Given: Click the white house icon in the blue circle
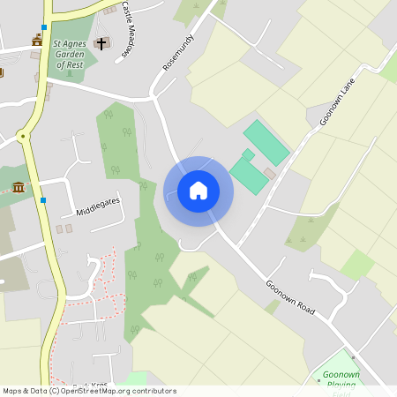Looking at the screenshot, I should click(x=198, y=191).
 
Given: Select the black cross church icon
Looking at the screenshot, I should click(x=101, y=42).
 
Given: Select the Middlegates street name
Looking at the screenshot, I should click(x=97, y=206).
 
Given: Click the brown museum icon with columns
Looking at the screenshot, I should click(x=19, y=187).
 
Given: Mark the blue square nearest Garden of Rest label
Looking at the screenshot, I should click(x=44, y=27).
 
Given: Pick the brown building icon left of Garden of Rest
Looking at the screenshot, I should click(x=37, y=40).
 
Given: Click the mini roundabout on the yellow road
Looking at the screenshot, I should click(x=23, y=135).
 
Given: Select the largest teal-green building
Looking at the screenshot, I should click(x=266, y=142).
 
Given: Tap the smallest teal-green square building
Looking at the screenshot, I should click(x=249, y=155).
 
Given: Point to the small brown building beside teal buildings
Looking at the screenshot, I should click(x=271, y=174).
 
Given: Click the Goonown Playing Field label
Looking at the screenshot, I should click(x=341, y=380).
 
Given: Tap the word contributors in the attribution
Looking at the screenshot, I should click(x=154, y=391).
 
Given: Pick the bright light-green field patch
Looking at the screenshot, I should click(x=357, y=264).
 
